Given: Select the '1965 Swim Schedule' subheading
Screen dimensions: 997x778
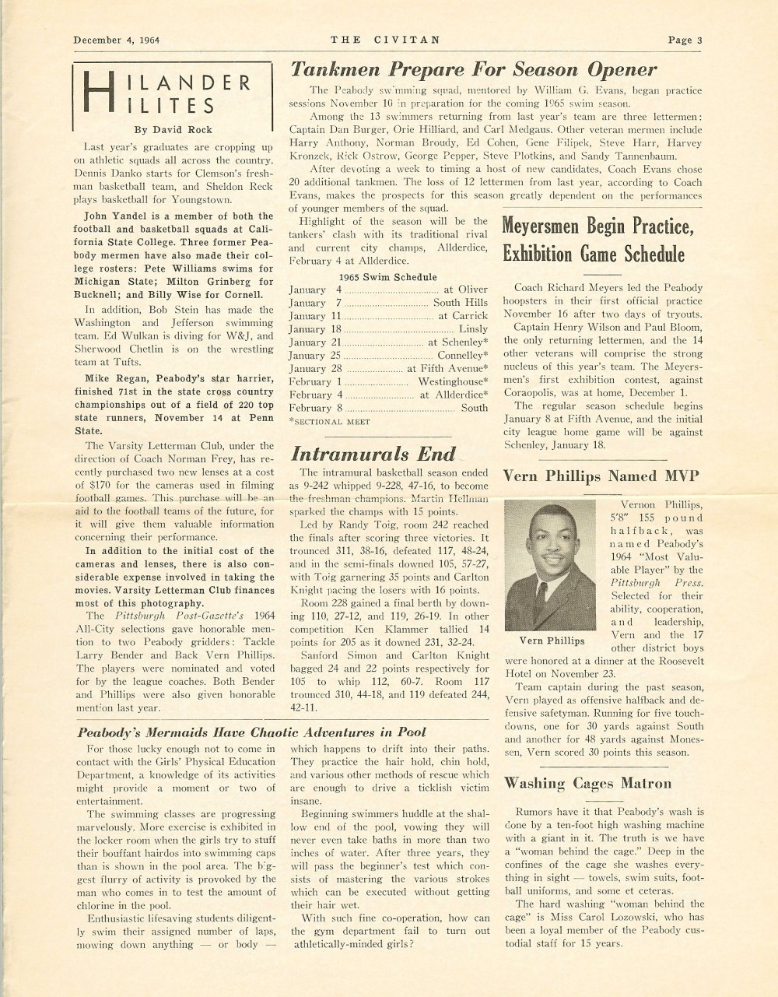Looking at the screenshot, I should pos(387,276).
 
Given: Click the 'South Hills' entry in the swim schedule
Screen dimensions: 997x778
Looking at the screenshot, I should pos(461,302).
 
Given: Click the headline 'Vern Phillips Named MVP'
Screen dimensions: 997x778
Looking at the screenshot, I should pos(601,476).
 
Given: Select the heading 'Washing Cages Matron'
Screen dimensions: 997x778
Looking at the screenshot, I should pos(587,783).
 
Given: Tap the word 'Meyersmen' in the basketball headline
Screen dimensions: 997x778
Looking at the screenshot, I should pos(555,227).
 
